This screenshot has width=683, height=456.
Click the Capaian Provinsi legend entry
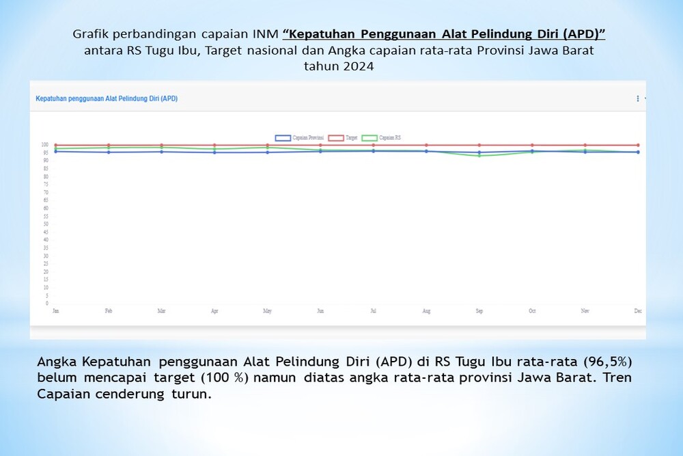[x=299, y=137]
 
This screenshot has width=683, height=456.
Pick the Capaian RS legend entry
[x=382, y=137]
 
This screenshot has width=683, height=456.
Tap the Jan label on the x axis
[x=55, y=311]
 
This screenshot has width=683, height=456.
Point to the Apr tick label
[x=214, y=311]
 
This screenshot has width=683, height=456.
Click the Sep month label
[x=479, y=311]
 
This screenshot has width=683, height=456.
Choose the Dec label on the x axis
[x=638, y=311]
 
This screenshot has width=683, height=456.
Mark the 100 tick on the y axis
[x=45, y=145]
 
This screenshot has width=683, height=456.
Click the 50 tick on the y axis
[x=46, y=224]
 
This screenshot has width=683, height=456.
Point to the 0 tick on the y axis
[x=47, y=303]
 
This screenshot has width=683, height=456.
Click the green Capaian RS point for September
[x=479, y=156]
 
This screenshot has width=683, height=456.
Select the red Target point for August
[x=426, y=145]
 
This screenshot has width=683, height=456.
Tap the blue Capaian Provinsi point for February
[x=109, y=152]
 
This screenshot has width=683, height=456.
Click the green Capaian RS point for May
[x=268, y=148]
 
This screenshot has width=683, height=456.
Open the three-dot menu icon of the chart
[x=638, y=98]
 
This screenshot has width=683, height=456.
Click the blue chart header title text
[x=107, y=98]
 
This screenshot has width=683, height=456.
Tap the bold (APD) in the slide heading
[x=581, y=34]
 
